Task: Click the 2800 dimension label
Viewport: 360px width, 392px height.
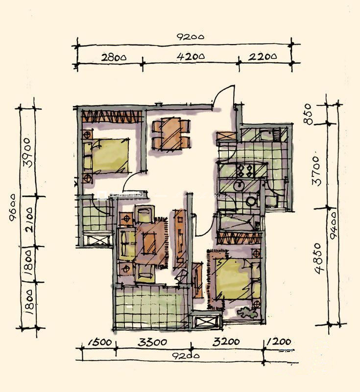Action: pos(114,57)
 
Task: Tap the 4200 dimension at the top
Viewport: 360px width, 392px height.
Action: pos(191,56)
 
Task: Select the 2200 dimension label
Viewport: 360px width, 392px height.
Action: pos(263,56)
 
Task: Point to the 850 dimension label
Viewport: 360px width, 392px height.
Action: pos(309,114)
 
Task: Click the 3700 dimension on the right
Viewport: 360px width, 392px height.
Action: pos(317,171)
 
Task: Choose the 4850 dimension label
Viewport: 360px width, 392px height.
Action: pos(320,258)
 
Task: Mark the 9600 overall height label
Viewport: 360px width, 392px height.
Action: pos(13,207)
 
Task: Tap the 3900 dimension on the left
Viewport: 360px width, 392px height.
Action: pos(27,152)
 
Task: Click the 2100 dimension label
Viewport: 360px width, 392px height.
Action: pos(29,220)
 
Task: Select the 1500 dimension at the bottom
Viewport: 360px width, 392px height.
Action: pos(99,342)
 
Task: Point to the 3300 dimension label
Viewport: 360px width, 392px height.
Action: pos(152,342)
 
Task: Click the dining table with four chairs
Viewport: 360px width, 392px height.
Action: pos(171,134)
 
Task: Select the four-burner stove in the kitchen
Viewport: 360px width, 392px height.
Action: pos(245,171)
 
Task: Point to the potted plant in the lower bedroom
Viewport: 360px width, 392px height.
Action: pos(247,312)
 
